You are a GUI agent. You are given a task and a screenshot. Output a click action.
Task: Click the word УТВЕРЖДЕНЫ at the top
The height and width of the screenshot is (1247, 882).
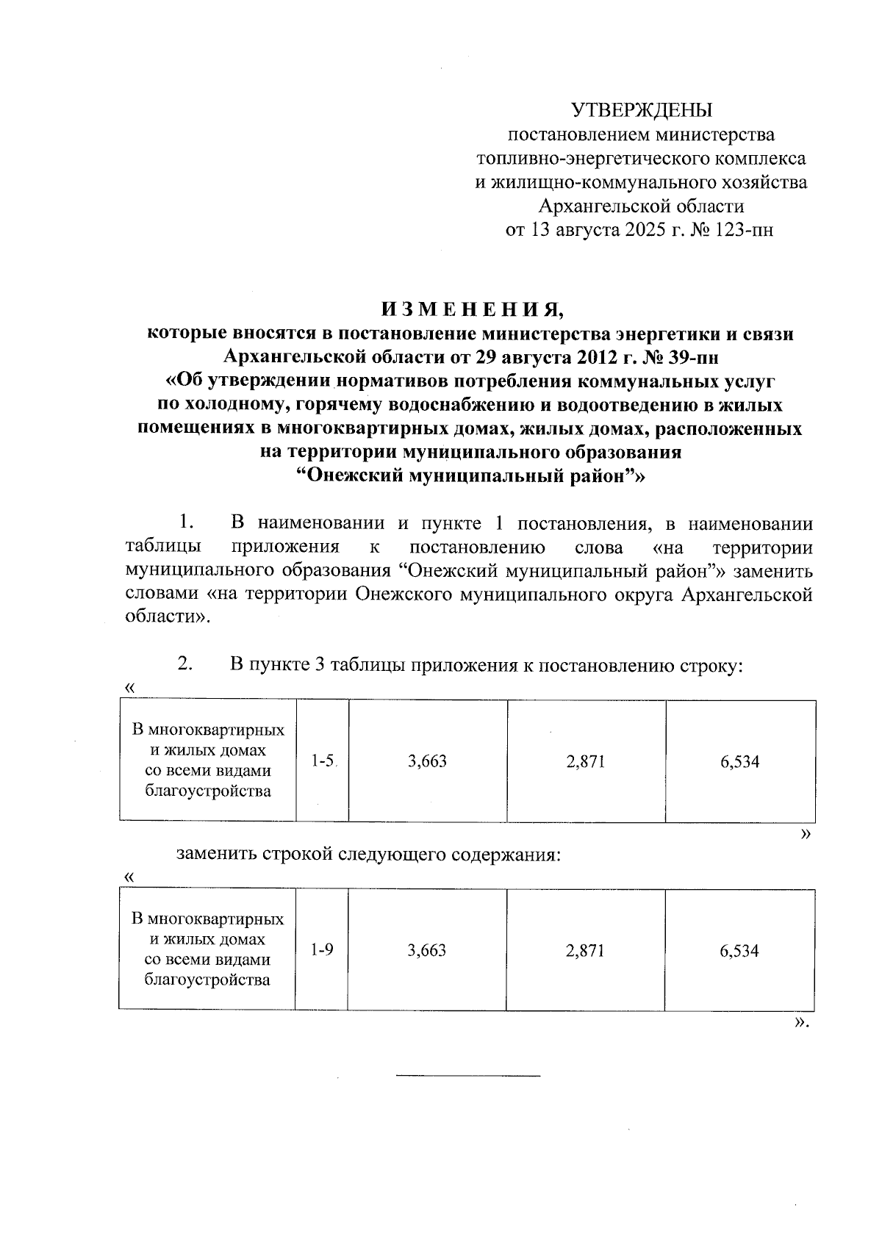point(642,110)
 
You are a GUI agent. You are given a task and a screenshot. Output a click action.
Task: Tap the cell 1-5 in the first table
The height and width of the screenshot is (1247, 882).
point(322,761)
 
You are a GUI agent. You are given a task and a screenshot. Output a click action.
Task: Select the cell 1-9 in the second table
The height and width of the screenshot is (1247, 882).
point(321,950)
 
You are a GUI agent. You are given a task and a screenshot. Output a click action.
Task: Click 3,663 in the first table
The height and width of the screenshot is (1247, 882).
point(427,761)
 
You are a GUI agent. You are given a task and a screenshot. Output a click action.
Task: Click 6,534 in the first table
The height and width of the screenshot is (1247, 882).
point(739,761)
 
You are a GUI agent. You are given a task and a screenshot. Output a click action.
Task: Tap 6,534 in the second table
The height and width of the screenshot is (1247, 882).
point(739,950)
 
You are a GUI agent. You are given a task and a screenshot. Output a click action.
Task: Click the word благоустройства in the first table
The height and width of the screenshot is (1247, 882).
point(208,791)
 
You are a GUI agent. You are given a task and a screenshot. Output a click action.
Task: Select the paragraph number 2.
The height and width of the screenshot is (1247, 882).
point(184,664)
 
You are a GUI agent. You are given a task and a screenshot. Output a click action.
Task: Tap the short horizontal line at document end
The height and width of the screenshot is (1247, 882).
point(467,1077)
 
